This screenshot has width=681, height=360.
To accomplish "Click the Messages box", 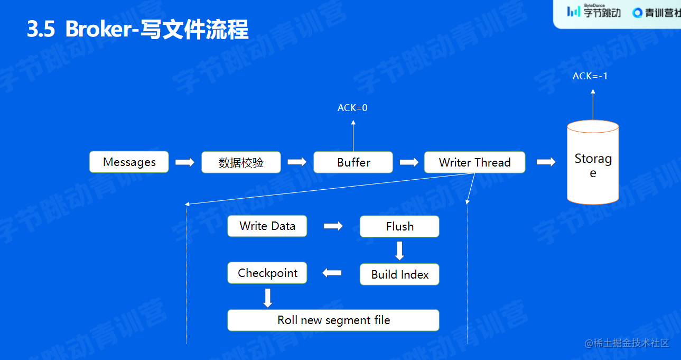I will coord(129,162).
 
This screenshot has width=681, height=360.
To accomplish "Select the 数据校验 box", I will coord(241,162).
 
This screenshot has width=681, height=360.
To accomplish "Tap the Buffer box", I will coord(353,162).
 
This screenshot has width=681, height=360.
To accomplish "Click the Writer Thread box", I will coord(474,162).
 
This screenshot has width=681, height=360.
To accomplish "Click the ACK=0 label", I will coord(352,108).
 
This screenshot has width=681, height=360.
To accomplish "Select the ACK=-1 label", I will coord(590,76).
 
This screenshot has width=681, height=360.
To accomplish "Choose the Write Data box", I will coord(267,226).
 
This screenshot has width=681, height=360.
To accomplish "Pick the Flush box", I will coord(399,226).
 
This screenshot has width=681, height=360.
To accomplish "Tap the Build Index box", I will coord(399,274).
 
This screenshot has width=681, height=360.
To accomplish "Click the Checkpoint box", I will coord(267,273).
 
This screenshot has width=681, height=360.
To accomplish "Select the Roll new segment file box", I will coord(333,320).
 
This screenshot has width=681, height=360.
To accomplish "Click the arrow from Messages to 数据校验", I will coord(185,162).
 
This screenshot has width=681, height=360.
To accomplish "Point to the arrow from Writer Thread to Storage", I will coord(546,162).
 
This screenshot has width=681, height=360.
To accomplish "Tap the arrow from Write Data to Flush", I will coord(333,226).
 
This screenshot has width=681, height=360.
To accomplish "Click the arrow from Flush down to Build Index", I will coord(399,251).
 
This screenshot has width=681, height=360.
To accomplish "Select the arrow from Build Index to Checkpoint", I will coord(332,273).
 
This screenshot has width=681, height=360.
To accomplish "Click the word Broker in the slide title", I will coord(98,30).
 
